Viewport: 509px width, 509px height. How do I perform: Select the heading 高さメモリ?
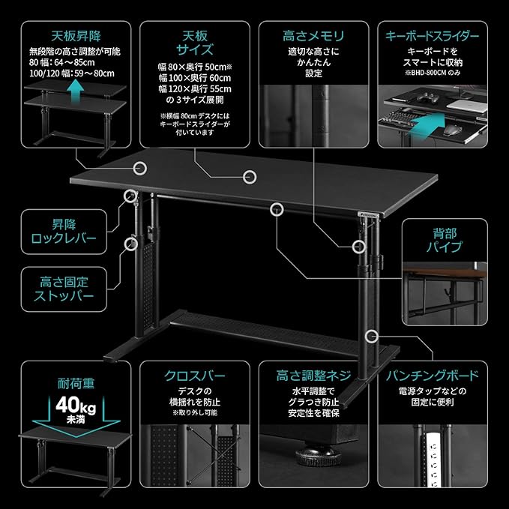pos(314,35)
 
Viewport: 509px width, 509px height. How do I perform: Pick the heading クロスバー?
pos(194,376)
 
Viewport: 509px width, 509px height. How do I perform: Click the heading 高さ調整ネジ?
pos(314,376)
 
